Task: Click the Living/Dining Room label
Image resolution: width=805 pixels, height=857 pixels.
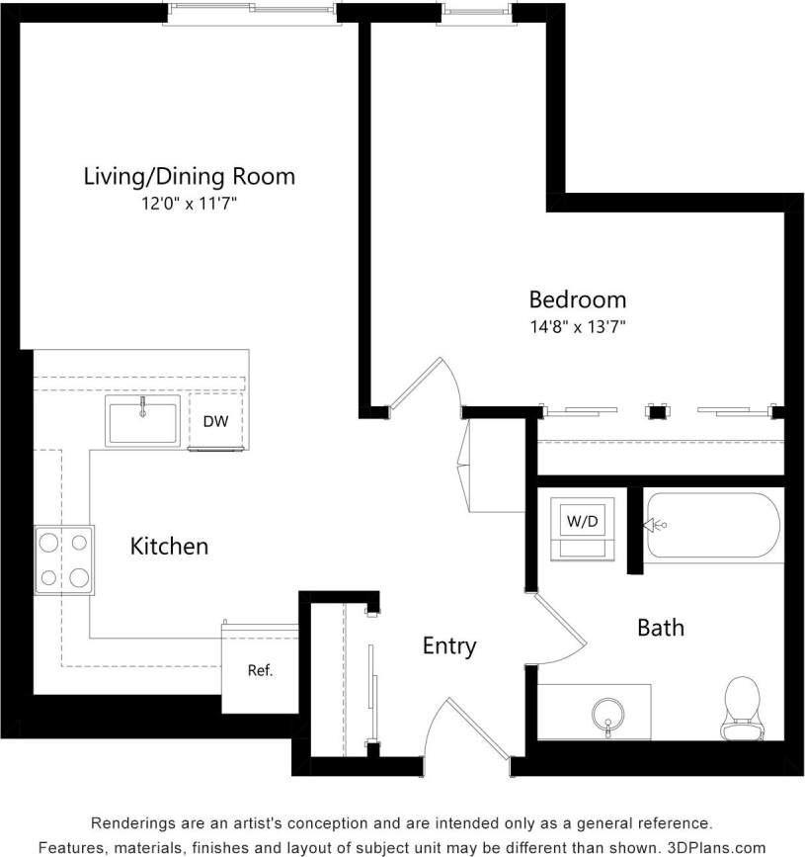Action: click(x=189, y=177)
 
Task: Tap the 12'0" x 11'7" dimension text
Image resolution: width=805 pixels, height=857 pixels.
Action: click(x=189, y=205)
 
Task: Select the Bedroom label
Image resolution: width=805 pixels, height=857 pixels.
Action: click(x=577, y=299)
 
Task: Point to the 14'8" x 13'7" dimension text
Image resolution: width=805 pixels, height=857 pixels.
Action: click(x=577, y=324)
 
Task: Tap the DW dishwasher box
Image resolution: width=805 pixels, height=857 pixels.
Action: click(x=215, y=422)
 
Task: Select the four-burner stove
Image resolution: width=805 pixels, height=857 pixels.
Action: click(x=64, y=559)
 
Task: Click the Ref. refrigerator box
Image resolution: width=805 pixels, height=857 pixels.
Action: click(x=259, y=670)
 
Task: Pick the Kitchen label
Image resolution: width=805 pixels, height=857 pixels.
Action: click(x=169, y=546)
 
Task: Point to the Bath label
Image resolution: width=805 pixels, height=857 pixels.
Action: click(x=660, y=628)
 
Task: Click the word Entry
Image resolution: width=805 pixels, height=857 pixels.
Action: click(x=449, y=646)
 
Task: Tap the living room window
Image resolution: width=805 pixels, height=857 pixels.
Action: click(x=252, y=10)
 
